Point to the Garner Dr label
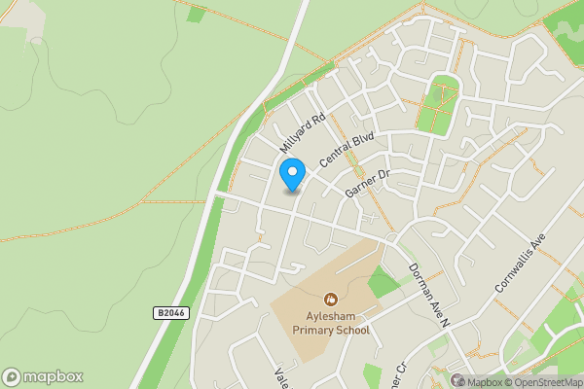coord(367,182)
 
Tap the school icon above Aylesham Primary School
coord(332,300)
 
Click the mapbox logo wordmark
coord(53,377)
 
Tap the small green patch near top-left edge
coord(196,15)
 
